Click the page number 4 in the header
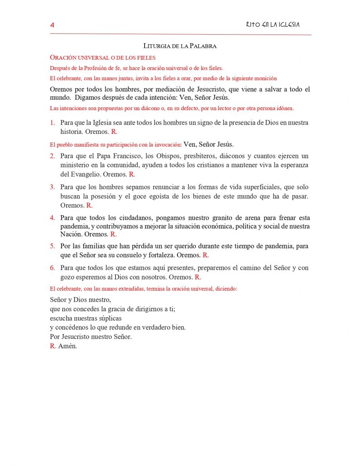tap(52, 25)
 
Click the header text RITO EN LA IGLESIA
tap(273, 25)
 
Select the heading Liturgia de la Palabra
tap(180, 46)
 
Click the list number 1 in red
tap(52, 123)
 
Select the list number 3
tap(52, 187)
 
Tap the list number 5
tap(52, 246)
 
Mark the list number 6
tap(52, 268)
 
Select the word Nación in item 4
tap(71, 234)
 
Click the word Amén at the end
tap(68, 346)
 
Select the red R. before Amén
tap(53, 346)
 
